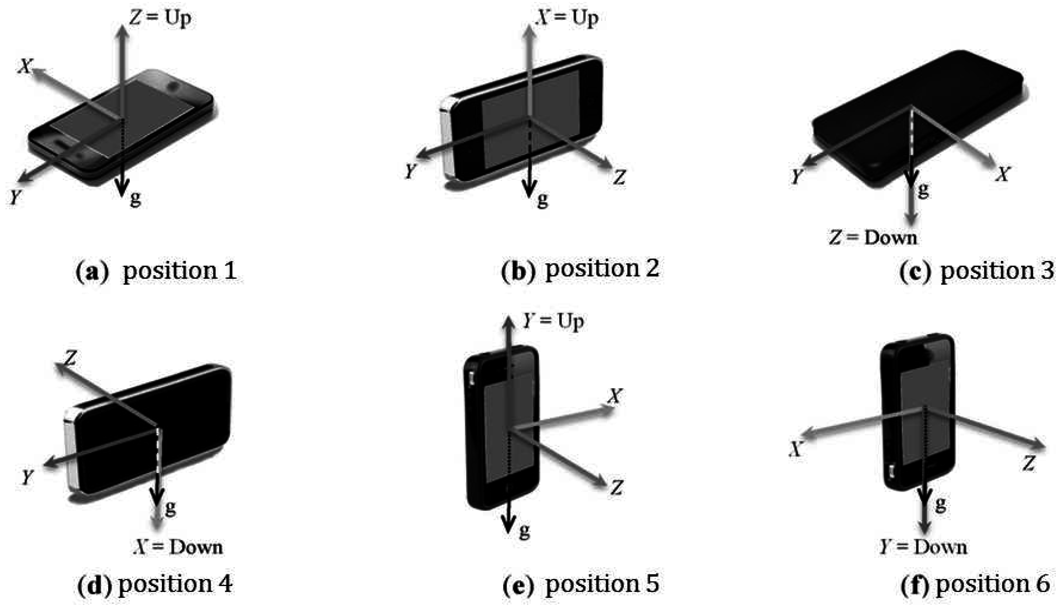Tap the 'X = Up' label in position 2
[x=567, y=19]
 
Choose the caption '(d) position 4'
[x=155, y=584]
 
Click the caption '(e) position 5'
[x=581, y=584]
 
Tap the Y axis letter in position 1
[x=15, y=197]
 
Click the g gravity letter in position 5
[x=524, y=532]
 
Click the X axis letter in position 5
[x=615, y=397]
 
